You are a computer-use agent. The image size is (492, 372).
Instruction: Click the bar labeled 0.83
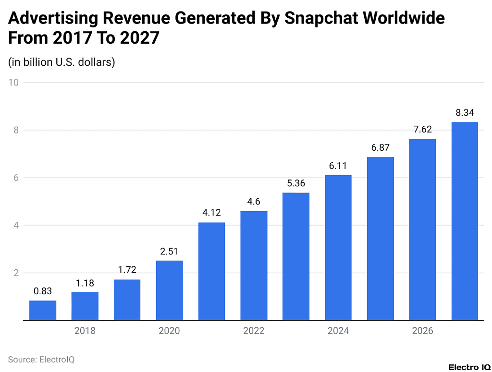click(x=43, y=311)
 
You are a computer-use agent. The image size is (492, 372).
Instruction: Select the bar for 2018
click(x=85, y=306)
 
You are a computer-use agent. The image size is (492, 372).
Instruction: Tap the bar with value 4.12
click(x=211, y=271)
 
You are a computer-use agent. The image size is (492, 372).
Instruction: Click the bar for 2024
click(x=338, y=247)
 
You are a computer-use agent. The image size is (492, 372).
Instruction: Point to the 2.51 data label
click(x=169, y=251)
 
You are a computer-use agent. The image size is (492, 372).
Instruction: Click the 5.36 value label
click(x=296, y=183)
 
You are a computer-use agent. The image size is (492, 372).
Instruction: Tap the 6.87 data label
click(x=380, y=147)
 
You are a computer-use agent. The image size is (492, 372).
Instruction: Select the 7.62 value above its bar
click(x=422, y=130)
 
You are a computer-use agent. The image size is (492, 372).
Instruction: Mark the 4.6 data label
click(x=254, y=201)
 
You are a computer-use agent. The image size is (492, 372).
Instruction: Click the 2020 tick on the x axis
click(x=169, y=331)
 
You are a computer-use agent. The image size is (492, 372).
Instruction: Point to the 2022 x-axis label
click(x=254, y=331)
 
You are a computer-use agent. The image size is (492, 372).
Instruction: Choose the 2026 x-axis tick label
click(x=422, y=331)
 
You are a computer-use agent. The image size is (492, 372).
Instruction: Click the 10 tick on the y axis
click(x=13, y=83)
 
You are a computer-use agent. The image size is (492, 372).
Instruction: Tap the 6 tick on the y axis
click(x=16, y=178)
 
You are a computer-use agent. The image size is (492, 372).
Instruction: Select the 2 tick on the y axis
click(x=16, y=273)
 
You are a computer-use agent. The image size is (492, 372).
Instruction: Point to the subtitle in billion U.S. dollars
click(x=61, y=62)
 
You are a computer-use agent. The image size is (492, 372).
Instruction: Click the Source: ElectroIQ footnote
click(x=41, y=359)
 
